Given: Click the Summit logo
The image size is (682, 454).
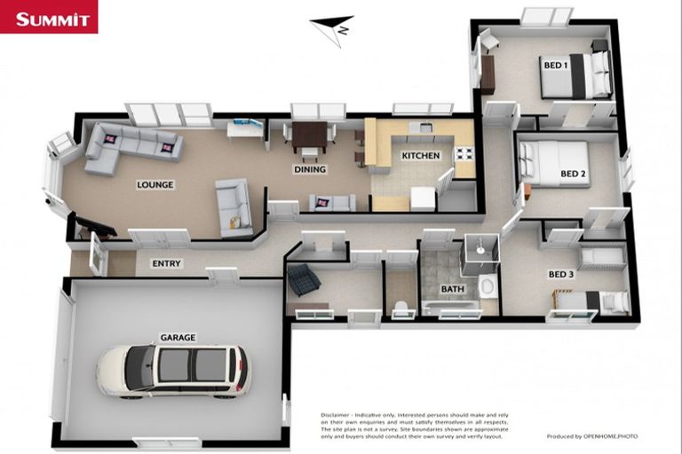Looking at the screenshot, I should tap(48, 18).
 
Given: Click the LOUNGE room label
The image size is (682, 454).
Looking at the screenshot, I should tap(155, 185).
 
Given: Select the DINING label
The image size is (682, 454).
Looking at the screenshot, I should tap(310, 169).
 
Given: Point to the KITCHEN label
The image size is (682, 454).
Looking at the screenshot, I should tap(420, 156).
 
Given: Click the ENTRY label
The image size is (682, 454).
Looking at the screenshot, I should tap(166, 263).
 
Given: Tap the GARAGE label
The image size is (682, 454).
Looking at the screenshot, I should tap(178, 337).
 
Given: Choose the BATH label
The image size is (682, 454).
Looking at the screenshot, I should tap(453, 289).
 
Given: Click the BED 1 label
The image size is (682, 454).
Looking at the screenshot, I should tap(555, 66).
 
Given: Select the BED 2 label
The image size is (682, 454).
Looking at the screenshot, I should tap(573, 174).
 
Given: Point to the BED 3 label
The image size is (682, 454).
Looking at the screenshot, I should tap(560, 275).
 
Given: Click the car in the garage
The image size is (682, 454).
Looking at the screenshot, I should tap(173, 369).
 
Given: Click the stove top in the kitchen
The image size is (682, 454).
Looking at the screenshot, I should tap(464, 155).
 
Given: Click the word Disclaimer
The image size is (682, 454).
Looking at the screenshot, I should tap(338, 415).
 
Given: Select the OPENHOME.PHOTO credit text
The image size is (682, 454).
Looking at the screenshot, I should tap(607, 436).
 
